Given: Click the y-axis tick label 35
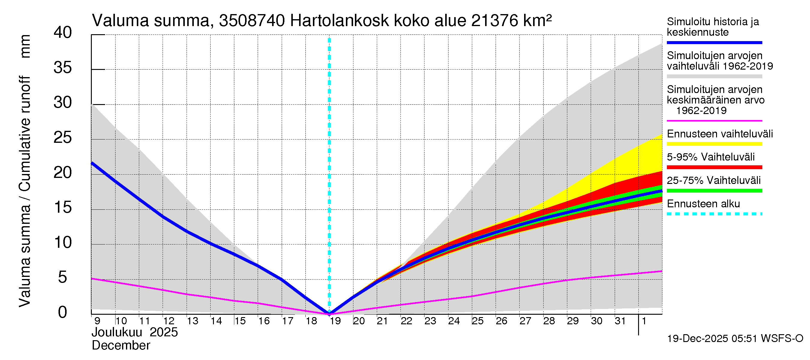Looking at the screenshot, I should [63, 67].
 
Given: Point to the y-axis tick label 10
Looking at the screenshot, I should [63, 242].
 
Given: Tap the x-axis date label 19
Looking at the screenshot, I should [335, 321].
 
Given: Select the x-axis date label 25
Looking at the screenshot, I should [478, 321].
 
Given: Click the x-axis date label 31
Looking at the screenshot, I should [620, 321].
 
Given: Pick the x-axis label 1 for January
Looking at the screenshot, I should [644, 321].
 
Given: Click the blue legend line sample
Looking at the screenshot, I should [714, 42].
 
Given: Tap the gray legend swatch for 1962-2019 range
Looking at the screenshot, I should [714, 76].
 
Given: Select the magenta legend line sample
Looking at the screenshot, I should [714, 121].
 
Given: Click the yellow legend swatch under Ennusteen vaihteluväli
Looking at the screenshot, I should [714, 144].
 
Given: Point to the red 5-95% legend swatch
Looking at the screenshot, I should [714, 167].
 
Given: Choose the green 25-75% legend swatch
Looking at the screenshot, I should [714, 190].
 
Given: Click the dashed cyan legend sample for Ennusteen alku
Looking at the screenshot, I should [714, 214].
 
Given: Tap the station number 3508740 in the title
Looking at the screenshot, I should [252, 21].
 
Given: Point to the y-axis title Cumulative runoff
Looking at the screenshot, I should [25, 133].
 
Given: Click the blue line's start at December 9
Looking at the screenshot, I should [92, 163].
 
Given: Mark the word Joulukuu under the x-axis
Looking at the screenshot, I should [117, 332].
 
